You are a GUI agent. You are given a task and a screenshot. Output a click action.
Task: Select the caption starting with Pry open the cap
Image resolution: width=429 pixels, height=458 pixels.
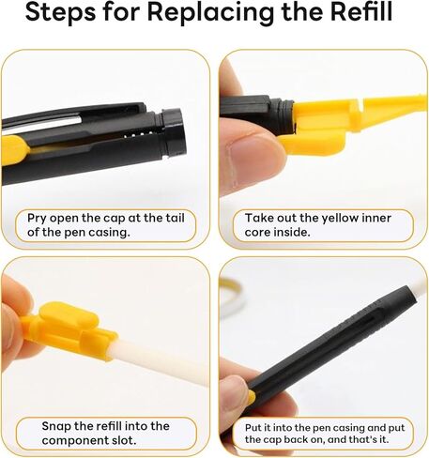(x=107, y=225)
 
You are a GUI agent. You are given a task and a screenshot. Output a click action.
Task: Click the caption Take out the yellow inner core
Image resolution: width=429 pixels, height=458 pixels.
(x=319, y=224)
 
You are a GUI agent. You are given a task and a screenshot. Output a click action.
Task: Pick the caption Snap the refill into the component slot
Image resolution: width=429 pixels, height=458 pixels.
(x=107, y=433)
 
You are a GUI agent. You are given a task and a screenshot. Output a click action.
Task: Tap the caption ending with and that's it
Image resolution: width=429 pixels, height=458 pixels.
(x=319, y=433)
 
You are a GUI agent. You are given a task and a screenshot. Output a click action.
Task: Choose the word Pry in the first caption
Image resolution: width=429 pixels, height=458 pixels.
(x=38, y=218)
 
